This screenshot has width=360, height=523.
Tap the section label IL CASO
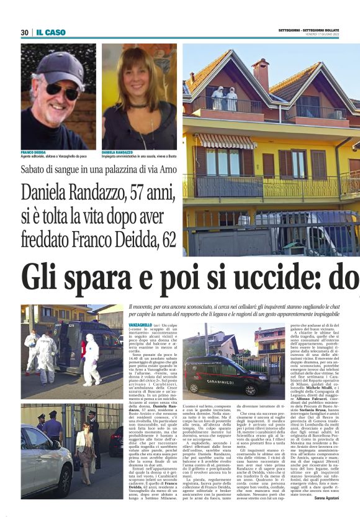50,32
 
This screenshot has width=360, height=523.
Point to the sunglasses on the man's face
63,88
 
